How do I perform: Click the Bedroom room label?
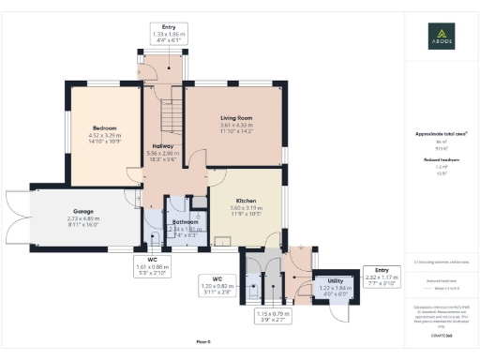[x=104, y=127]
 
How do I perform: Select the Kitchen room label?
[x=247, y=201]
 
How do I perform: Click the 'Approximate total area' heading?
[x=441, y=134]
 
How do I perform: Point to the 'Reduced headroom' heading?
[x=441, y=161]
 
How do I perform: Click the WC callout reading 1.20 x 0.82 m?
[x=217, y=285]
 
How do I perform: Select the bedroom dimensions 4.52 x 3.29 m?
[x=104, y=138]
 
